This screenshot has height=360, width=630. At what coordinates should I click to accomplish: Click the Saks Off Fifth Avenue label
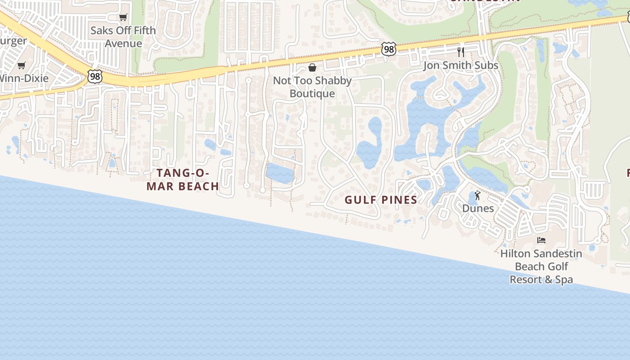pyautogui.click(x=123, y=37)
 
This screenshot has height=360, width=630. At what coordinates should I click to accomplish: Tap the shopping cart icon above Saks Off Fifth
pyautogui.click(x=123, y=18)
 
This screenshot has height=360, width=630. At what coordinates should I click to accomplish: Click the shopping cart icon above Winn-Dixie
pyautogui.click(x=21, y=66)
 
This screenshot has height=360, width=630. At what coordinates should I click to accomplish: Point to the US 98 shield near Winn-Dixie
pyautogui.click(x=94, y=76)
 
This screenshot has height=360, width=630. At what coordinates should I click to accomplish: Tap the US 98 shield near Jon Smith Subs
pyautogui.click(x=388, y=49)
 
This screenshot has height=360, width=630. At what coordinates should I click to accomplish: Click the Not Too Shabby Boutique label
pyautogui.click(x=312, y=87)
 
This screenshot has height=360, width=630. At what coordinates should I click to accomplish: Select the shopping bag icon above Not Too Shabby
pyautogui.click(x=312, y=67)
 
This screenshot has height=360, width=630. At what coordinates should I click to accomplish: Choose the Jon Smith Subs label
pyautogui.click(x=461, y=65)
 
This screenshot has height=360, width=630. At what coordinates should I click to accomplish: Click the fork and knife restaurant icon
pyautogui.click(x=460, y=52)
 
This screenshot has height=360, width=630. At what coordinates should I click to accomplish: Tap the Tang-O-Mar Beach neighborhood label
pyautogui.click(x=183, y=180)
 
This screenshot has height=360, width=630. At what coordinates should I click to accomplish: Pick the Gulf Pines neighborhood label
pyautogui.click(x=381, y=200)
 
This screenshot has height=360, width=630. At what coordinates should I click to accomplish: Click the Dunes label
pyautogui.click(x=478, y=208)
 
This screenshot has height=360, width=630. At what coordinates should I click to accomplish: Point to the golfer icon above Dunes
pyautogui.click(x=477, y=196)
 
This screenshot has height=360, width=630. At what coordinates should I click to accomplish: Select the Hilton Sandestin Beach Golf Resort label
pyautogui.click(x=541, y=266)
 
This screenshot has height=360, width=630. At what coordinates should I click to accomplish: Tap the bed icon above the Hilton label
pyautogui.click(x=541, y=240)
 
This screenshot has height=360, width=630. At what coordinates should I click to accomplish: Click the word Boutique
pyautogui.click(x=312, y=94)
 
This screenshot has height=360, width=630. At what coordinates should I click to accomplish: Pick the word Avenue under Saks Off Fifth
pyautogui.click(x=123, y=44)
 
